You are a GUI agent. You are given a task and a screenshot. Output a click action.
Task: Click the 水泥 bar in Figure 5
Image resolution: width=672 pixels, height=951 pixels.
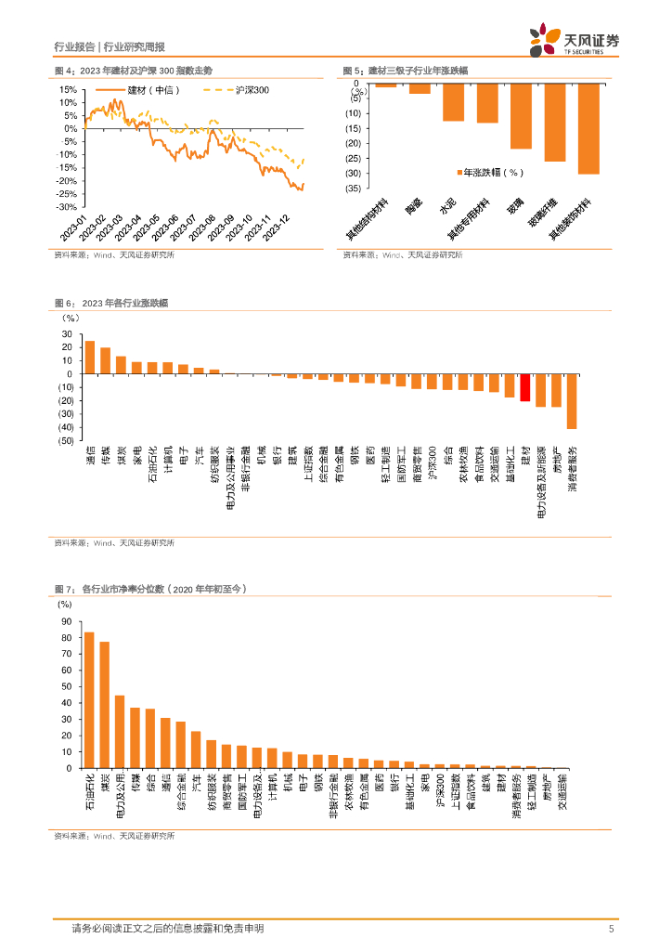point(453,103)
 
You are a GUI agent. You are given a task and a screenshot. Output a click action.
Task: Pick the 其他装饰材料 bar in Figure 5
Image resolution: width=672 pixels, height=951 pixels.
point(588,130)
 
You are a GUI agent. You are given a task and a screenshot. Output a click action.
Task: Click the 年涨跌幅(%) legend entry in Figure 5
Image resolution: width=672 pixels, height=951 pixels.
point(492,172)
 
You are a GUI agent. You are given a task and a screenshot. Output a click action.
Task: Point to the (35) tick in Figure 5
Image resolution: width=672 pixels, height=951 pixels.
point(353,189)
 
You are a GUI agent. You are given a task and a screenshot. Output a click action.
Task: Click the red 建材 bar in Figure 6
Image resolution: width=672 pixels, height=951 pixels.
point(525,388)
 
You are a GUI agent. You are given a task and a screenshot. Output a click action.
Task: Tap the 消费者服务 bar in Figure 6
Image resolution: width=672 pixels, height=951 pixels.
point(572,401)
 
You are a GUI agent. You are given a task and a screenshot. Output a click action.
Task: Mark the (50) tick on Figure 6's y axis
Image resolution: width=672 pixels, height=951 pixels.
point(67,441)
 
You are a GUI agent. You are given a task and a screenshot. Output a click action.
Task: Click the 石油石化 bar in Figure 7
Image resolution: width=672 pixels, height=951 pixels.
point(89,700)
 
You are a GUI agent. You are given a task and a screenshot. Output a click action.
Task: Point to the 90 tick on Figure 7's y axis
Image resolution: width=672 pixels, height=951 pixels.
point(67,621)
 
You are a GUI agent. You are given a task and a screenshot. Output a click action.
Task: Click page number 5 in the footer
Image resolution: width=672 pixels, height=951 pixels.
point(611,929)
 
